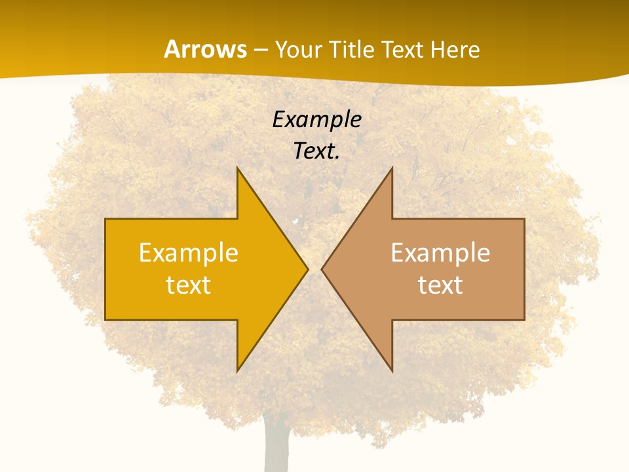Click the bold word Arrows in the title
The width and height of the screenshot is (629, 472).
pyautogui.click(x=205, y=49)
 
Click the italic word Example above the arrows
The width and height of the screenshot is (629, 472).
pyautogui.click(x=316, y=120)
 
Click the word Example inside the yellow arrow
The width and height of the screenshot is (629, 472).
pyautogui.click(x=189, y=252)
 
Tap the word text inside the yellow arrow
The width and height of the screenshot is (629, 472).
pyautogui.click(x=189, y=285)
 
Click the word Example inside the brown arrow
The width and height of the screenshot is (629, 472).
pyautogui.click(x=440, y=252)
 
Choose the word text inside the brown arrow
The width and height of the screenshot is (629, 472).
pyautogui.click(x=440, y=285)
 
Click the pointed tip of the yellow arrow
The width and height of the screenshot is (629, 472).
pyautogui.click(x=307, y=269)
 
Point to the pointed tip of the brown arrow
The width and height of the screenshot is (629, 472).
pyautogui.click(x=322, y=269)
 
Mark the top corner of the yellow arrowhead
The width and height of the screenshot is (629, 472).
pyautogui.click(x=238, y=169)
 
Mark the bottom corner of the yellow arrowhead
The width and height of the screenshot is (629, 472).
pyautogui.click(x=238, y=370)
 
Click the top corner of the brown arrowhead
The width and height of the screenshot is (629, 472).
pyautogui.click(x=392, y=169)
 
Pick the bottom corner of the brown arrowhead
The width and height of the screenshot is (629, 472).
pyautogui.click(x=392, y=370)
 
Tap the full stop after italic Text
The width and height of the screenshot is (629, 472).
pyautogui.click(x=337, y=158)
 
